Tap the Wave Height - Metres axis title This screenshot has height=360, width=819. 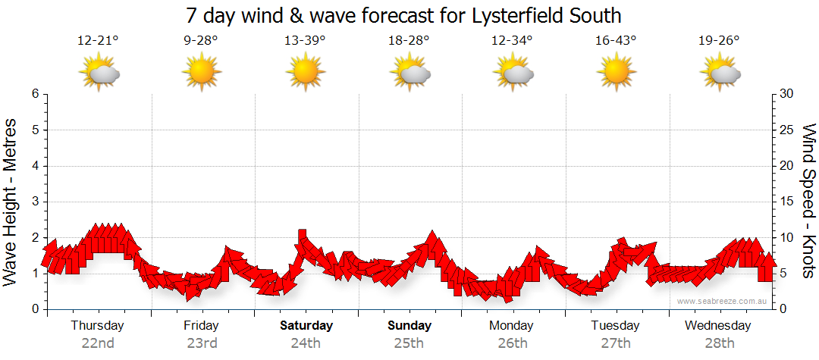(11, 202)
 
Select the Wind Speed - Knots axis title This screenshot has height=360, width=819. (808, 202)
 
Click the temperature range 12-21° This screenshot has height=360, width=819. (98, 41)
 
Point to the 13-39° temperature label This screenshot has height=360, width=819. (306, 41)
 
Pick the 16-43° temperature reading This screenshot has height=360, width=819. (616, 41)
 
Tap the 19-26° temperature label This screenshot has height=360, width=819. (719, 41)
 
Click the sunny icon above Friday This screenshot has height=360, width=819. (202, 73)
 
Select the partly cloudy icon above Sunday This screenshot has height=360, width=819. (409, 73)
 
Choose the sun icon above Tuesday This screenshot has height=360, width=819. (616, 73)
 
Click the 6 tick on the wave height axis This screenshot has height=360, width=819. (35, 94)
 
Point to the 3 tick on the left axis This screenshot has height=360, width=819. (35, 202)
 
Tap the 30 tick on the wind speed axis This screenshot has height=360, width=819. (789, 94)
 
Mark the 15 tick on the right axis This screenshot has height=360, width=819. (789, 202)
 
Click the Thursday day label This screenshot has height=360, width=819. (97, 326)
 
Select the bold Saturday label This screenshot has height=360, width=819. (306, 326)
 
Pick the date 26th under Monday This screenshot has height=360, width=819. (513, 343)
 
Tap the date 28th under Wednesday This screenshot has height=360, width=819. (719, 343)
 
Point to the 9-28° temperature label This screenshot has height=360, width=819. (202, 41)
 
